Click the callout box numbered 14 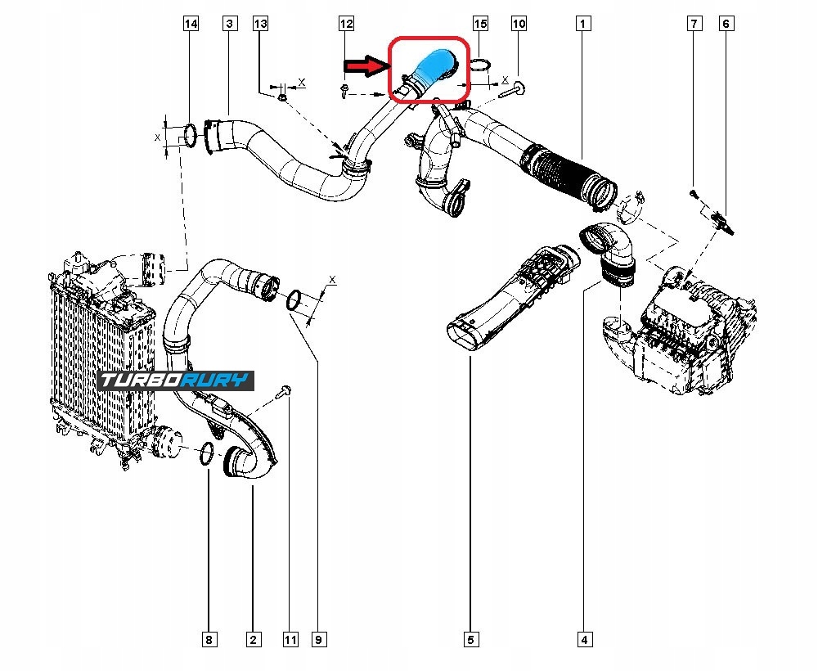click(x=191, y=25)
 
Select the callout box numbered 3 click(x=230, y=25)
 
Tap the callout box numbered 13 click(x=261, y=25)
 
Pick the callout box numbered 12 click(x=347, y=25)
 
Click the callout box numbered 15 click(x=480, y=25)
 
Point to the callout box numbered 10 click(x=519, y=25)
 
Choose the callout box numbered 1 click(x=583, y=25)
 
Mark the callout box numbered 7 click(x=694, y=25)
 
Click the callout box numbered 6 click(x=726, y=25)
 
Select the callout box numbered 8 click(x=210, y=639)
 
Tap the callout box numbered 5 click(x=471, y=639)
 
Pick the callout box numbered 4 click(x=584, y=639)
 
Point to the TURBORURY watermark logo click(x=176, y=381)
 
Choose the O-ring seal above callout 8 click(x=208, y=452)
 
